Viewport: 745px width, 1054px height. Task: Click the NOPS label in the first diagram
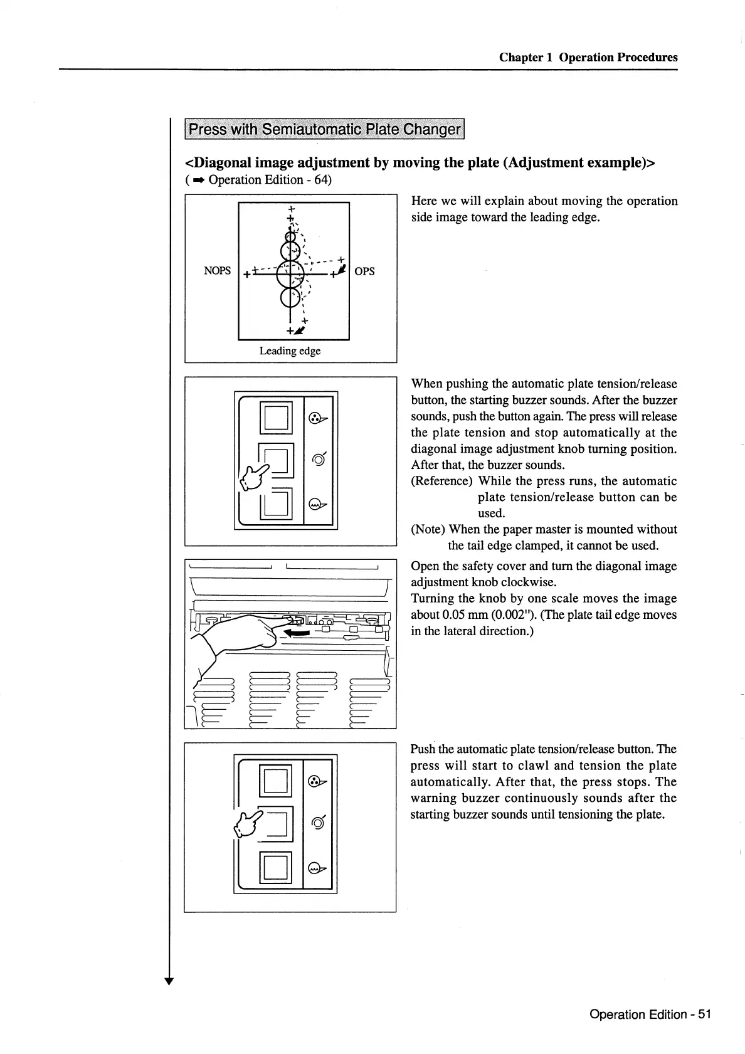coord(217,271)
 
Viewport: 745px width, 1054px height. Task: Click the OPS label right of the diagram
coord(364,271)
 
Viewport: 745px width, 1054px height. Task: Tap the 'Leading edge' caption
coord(290,350)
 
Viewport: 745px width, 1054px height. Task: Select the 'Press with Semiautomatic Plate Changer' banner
coord(324,130)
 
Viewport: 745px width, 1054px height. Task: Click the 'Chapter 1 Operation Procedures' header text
coord(588,57)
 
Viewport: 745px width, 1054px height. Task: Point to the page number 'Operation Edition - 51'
coord(650,1014)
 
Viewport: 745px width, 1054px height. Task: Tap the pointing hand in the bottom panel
coord(249,826)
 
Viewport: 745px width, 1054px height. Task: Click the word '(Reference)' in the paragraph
coord(441,481)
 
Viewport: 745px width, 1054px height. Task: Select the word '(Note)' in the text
coord(428,529)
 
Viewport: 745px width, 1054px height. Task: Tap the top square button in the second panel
coord(276,416)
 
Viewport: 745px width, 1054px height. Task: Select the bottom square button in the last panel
coord(276,867)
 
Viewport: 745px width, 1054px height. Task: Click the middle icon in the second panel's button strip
coord(319,460)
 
